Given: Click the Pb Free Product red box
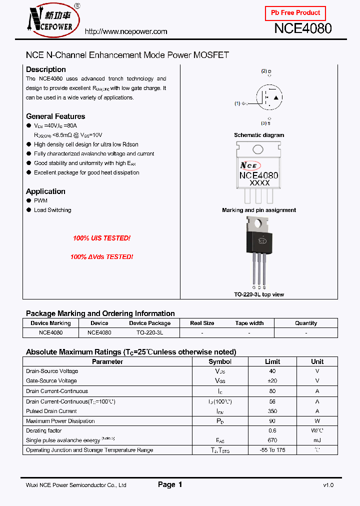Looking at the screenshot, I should tap(295, 13).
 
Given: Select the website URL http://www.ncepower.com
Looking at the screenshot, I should tap(126, 31).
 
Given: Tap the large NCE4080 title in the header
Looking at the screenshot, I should tap(302, 28).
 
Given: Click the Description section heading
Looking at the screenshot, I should tap(46, 69).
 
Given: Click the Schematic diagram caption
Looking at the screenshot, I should tap(259, 135).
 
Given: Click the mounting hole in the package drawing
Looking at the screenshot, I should tap(258, 149).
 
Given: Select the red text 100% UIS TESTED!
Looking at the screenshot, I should tap(101, 238).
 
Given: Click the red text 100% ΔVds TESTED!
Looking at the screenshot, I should tap(101, 256).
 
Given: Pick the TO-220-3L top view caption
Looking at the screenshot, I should tap(259, 294).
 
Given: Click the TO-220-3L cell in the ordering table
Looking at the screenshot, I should tap(150, 332).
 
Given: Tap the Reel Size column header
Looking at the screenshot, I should tap(202, 323).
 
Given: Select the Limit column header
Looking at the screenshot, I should tap(272, 361).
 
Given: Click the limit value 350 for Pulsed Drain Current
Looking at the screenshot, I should tap(272, 411).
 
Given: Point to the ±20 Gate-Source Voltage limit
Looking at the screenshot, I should tap(272, 381).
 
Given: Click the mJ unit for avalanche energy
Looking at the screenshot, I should tap(317, 440).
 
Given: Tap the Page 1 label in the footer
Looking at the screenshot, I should tap(170, 484).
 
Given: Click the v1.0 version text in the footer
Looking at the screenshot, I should tap(328, 485).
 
